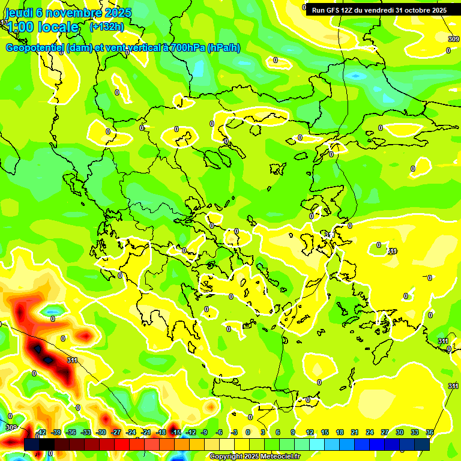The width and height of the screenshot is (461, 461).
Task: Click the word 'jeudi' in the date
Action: (x=19, y=13)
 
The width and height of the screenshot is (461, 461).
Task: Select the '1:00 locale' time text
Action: (x=43, y=27)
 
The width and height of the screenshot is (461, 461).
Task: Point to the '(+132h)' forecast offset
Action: (x=106, y=26)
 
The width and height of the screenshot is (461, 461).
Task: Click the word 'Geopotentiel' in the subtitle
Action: (x=34, y=48)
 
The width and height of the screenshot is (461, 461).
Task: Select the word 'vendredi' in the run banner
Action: (x=391, y=10)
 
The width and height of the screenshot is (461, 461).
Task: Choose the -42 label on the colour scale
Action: (x=41, y=432)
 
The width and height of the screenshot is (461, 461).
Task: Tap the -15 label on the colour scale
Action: (x=176, y=432)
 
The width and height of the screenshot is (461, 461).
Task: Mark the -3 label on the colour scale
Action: (x=235, y=432)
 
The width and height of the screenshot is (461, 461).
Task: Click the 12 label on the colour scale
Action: (x=309, y=432)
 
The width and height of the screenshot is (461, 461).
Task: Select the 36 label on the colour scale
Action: (x=430, y=432)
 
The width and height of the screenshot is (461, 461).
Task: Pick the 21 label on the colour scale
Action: (x=354, y=432)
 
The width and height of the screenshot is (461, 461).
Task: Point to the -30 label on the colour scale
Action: (x=101, y=432)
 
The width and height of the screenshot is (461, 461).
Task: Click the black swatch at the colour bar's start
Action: (x=32, y=444)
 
